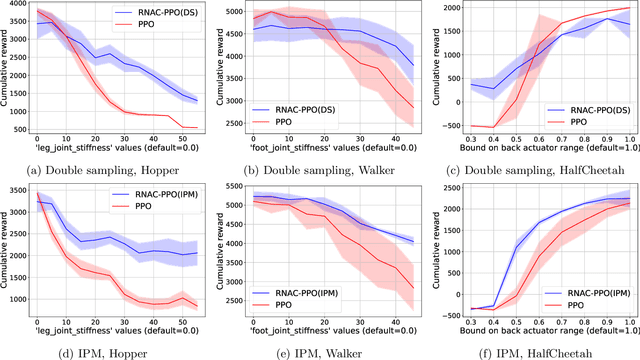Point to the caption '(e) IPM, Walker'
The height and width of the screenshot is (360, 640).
326,349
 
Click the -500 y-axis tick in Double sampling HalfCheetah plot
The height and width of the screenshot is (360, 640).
448,127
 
